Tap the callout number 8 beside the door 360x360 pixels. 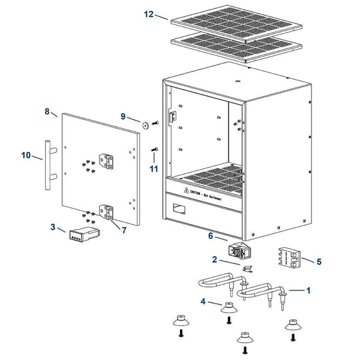pyautogui.click(x=47, y=111)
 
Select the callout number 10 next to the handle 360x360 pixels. pyautogui.click(x=25, y=155)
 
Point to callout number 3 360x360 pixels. pyautogui.click(x=53, y=227)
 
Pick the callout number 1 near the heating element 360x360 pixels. pyautogui.click(x=308, y=290)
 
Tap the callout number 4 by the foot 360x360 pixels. pyautogui.click(x=205, y=302)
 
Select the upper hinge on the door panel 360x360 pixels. pyautogui.click(x=107, y=160)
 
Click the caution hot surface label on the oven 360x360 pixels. pyautogui.click(x=207, y=193)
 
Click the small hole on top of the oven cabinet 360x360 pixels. pyautogui.click(x=239, y=79)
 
